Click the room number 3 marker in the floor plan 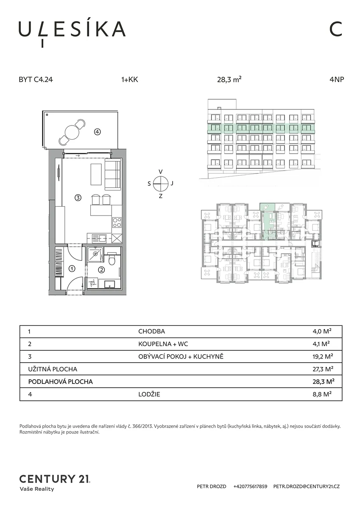coord(78,198)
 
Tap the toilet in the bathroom coord(112,259)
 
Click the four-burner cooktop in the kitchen coord(117,222)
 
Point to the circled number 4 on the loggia coord(98,131)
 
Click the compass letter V coord(161,171)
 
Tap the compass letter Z coord(161,196)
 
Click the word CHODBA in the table coord(151,331)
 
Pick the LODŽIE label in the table coord(149,394)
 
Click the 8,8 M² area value coord(322,394)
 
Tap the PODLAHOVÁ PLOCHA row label coord(60,381)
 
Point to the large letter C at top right coord(336,29)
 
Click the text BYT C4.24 coord(36,80)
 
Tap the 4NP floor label coord(337,80)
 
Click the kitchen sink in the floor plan coord(100,238)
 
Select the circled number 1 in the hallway coord(72,268)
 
